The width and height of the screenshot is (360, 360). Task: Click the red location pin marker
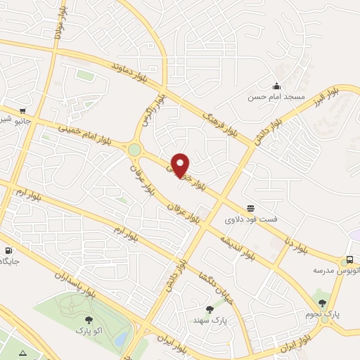pyautogui.click(x=181, y=164)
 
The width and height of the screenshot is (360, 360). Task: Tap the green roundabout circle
pyautogui.click(x=134, y=149)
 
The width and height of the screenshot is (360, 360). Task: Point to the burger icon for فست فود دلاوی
pyautogui.click(x=250, y=207)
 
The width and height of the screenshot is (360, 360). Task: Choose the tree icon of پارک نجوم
pyautogui.click(x=323, y=303)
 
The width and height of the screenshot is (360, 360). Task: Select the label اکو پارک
pyautogui.click(x=88, y=330)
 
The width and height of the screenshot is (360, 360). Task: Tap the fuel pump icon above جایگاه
pyautogui.click(x=8, y=250)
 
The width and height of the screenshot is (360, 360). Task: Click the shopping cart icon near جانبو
pyautogui.click(x=23, y=110)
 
